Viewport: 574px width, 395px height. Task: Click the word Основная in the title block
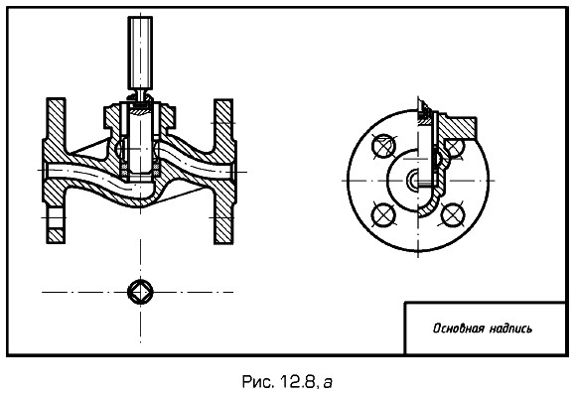coord(458,329)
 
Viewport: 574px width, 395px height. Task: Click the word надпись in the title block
coord(510,329)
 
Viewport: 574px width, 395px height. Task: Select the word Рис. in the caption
coord(258,382)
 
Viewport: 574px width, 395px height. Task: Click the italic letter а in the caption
coord(328,383)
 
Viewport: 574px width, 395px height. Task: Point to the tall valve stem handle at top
coord(140,53)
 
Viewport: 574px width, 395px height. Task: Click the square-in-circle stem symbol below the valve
coord(140,292)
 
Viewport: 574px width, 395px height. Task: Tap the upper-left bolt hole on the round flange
coord(383,146)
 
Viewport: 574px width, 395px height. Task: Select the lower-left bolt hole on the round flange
coord(383,214)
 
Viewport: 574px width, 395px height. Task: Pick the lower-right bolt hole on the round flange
coord(453,214)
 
